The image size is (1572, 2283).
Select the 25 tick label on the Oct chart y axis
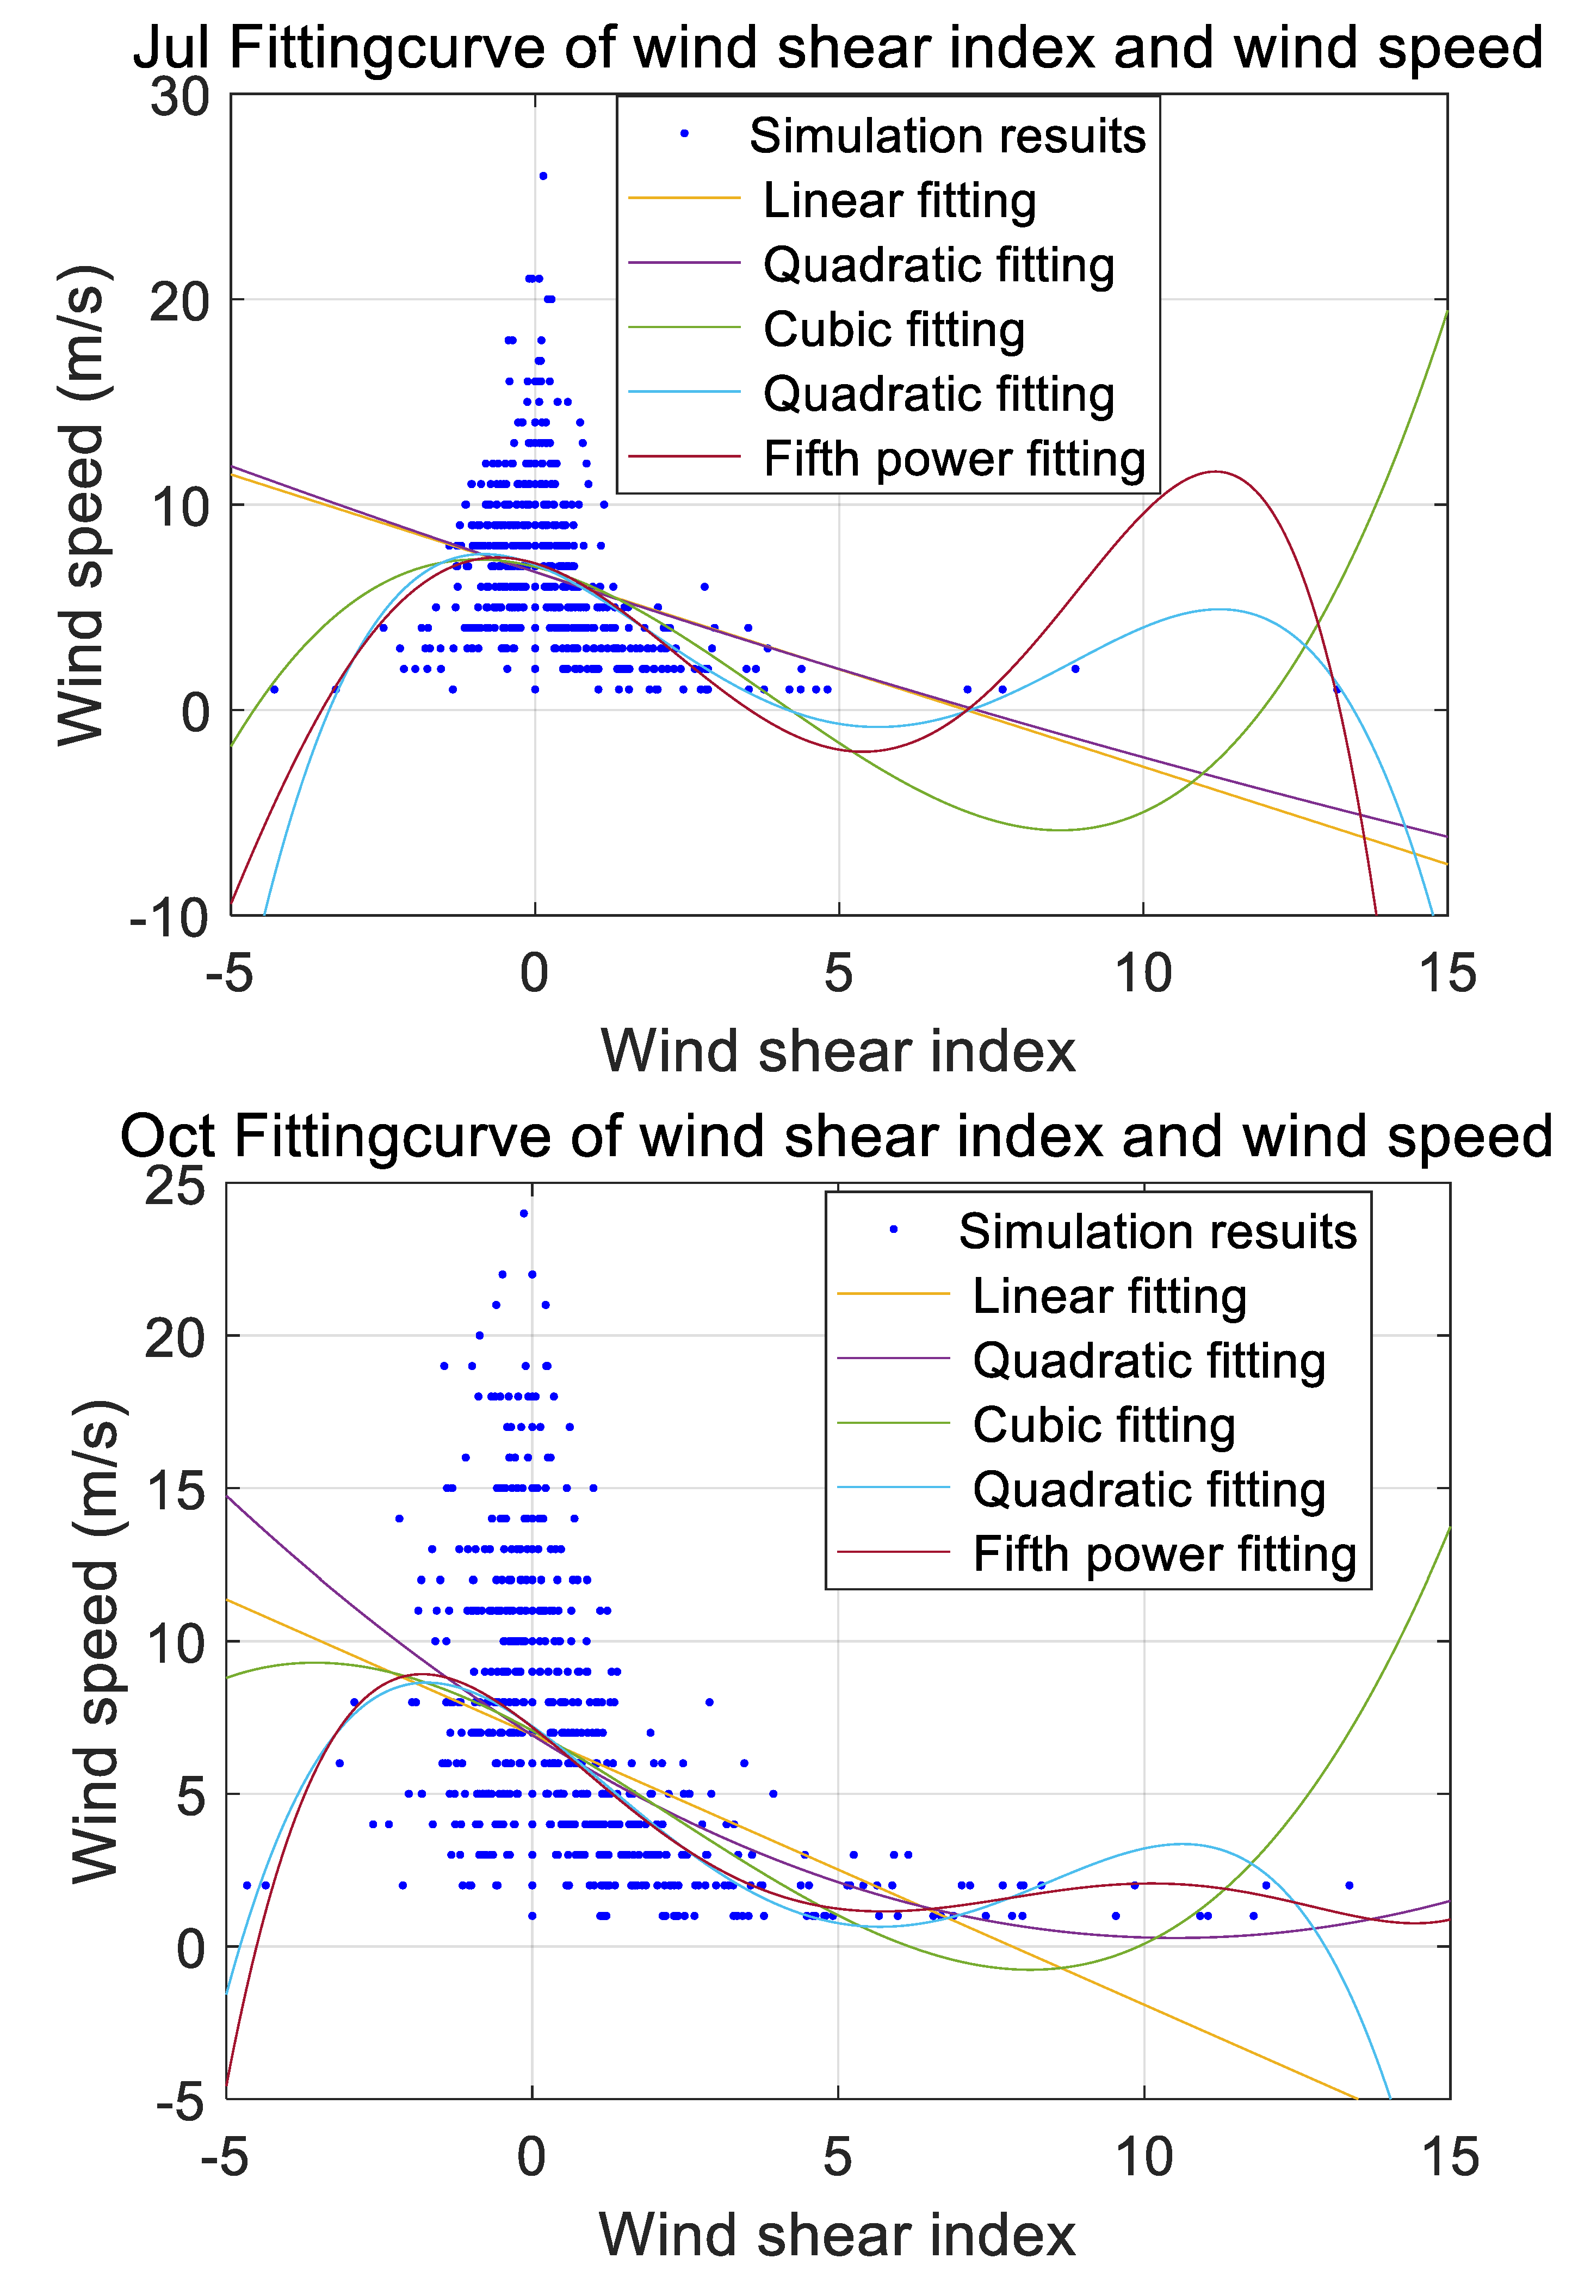coord(175,1186)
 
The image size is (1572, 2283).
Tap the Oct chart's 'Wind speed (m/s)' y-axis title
coord(96,1640)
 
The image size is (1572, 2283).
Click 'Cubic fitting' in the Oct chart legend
coord(1103,1425)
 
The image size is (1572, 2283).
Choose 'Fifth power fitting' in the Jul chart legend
coord(954,459)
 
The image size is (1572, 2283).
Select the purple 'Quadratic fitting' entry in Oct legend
coord(1148,1361)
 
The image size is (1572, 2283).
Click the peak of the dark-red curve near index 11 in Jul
coord(1216,472)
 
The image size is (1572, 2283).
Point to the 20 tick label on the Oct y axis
coord(175,1338)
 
